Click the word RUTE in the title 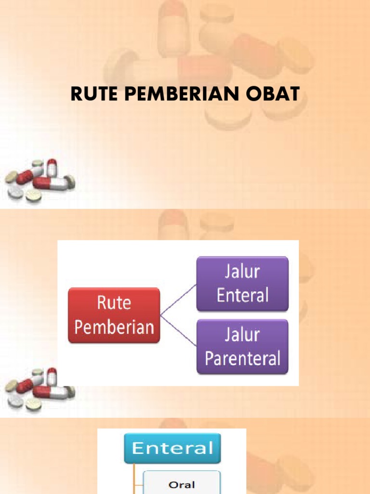(x=93, y=95)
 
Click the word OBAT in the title (x=277, y=95)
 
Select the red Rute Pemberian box (x=114, y=315)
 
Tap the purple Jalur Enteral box (x=242, y=284)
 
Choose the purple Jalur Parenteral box (x=242, y=346)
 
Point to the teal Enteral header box (x=172, y=448)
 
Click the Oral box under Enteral (x=182, y=484)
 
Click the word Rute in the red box (x=114, y=303)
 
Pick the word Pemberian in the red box (x=114, y=327)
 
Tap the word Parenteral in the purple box (x=242, y=358)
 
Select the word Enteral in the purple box (x=242, y=295)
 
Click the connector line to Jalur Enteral (x=178, y=300)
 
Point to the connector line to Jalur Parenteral (x=178, y=330)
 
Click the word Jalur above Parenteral (x=242, y=335)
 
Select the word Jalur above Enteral (x=242, y=272)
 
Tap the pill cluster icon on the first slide (x=40, y=180)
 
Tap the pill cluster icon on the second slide (x=40, y=389)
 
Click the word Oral (x=182, y=484)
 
